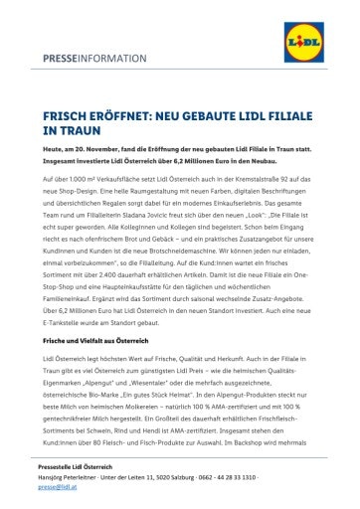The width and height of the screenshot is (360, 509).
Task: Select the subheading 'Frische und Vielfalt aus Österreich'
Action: point(102,366)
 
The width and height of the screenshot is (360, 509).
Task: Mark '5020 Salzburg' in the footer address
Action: point(185,504)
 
